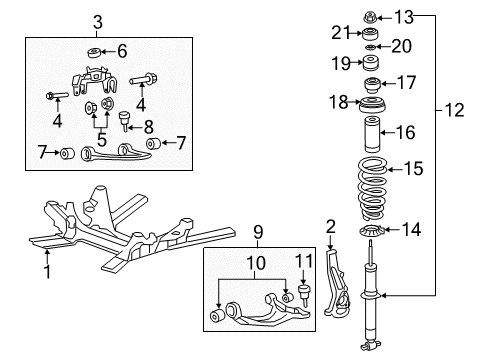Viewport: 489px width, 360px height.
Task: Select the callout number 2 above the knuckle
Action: click(330, 227)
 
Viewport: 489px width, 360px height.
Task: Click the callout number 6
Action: click(123, 52)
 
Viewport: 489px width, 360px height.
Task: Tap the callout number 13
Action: click(403, 17)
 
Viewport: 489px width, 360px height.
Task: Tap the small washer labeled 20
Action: click(371, 47)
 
